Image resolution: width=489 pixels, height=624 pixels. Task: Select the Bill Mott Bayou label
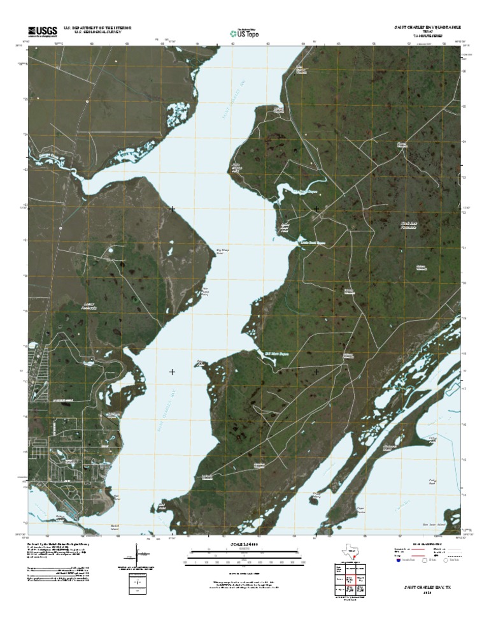[278, 351]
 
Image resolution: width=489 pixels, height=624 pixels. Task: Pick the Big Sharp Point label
[222, 252]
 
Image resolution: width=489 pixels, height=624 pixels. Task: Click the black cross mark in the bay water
[173, 371]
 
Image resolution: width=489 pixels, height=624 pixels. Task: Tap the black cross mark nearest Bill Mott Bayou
[317, 371]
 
